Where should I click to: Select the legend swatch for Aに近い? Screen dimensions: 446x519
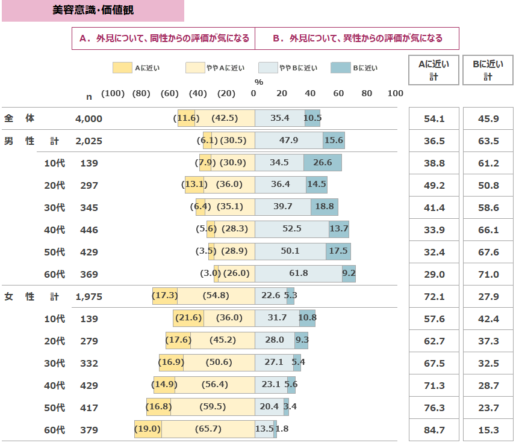(122, 68)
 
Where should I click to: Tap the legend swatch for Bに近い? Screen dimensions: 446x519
(340, 68)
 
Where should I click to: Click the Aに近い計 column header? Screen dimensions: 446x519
(434, 70)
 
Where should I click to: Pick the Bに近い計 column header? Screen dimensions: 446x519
(488, 70)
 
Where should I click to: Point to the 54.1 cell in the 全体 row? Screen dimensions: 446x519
(434, 119)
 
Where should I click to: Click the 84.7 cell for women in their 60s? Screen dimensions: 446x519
(434, 430)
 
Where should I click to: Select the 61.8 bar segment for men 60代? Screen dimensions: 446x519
(299, 274)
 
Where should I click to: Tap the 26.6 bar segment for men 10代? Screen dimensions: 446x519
(323, 163)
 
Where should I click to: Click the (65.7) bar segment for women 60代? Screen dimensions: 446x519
(208, 430)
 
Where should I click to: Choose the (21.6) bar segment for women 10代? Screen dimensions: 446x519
(188, 319)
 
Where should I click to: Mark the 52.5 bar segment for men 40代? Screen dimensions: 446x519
(292, 230)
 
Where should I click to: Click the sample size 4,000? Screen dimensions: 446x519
(89, 119)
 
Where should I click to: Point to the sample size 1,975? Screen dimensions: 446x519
(89, 296)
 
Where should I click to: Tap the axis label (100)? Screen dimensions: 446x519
(113, 93)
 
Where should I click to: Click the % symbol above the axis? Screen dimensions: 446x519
(259, 82)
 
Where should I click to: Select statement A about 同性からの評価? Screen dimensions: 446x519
(164, 38)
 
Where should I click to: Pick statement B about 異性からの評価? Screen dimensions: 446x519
(357, 38)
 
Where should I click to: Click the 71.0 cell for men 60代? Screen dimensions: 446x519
(488, 274)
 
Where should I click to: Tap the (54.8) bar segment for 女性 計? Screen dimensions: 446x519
(216, 296)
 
